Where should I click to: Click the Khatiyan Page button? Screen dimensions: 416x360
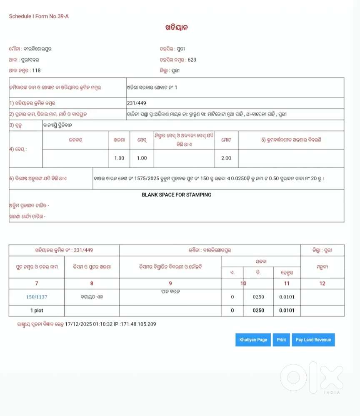click(253, 340)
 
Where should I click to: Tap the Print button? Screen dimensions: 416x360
click(281, 340)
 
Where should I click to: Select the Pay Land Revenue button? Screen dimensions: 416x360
click(313, 340)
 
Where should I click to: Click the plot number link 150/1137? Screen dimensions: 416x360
click(37, 297)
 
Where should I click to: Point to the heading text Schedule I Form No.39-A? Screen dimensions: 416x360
click(39, 16)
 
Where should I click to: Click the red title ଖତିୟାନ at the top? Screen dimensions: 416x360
click(177, 28)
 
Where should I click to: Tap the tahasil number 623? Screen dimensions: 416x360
click(192, 60)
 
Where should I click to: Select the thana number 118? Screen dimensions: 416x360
click(36, 70)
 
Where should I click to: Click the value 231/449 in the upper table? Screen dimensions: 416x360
click(137, 103)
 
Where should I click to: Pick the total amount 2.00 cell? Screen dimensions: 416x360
click(226, 158)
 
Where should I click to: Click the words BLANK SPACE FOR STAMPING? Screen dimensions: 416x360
click(177, 194)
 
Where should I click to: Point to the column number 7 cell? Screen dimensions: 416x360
click(37, 284)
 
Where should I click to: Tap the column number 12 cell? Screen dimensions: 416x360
click(322, 284)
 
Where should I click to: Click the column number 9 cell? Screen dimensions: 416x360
click(170, 284)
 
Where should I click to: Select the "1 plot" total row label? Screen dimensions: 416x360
click(37, 311)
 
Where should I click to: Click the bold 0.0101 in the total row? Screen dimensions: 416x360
click(287, 311)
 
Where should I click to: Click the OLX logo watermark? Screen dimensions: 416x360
click(312, 377)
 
